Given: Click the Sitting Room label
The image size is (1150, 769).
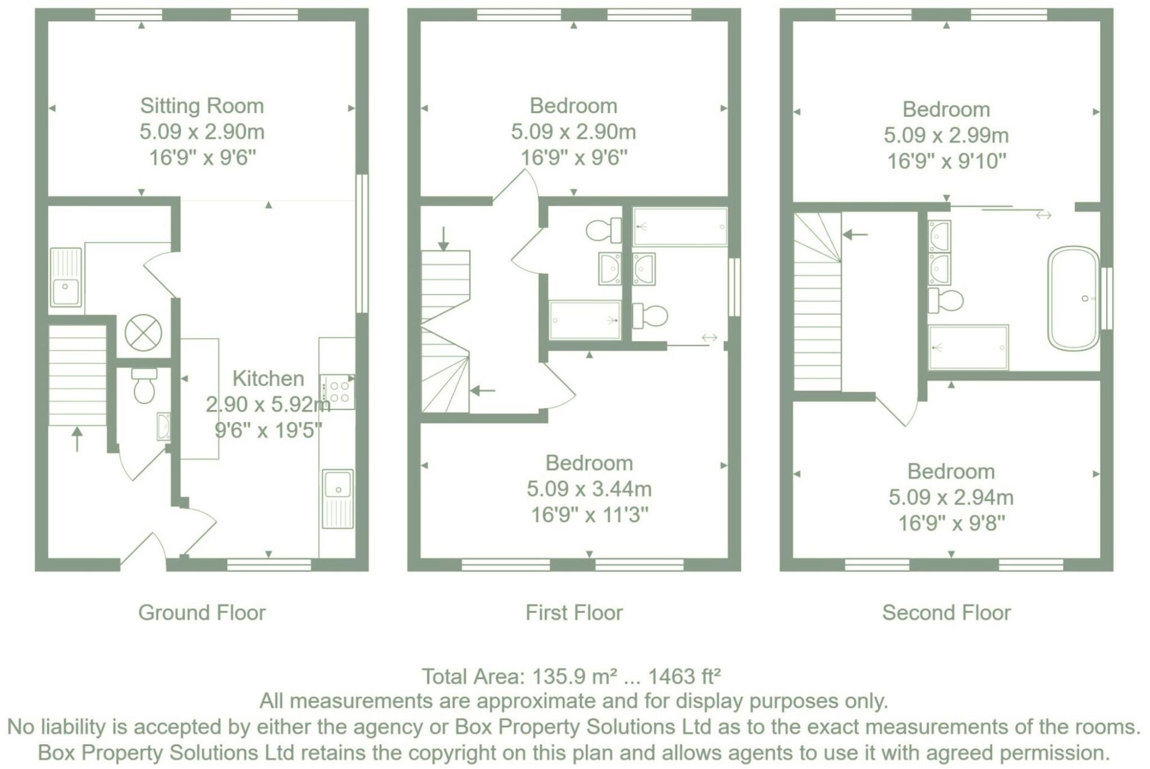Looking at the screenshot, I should click(x=202, y=106).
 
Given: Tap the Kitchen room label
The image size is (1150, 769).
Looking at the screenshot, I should click(x=268, y=379).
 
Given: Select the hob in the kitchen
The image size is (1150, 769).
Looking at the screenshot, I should click(x=337, y=392).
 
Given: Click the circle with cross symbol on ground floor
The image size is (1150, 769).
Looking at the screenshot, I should click(x=143, y=333).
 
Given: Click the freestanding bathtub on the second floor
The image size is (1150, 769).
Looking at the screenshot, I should click(x=1073, y=298).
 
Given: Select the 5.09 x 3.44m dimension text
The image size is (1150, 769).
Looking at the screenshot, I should click(x=588, y=489).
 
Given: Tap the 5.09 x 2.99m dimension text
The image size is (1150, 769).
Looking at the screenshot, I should click(x=946, y=135).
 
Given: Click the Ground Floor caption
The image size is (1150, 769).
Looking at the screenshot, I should click(x=202, y=612).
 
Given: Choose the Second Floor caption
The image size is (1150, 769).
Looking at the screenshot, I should click(x=946, y=612).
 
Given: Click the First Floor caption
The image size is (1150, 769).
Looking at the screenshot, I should click(x=574, y=612).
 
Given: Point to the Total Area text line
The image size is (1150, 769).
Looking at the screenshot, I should click(x=571, y=676).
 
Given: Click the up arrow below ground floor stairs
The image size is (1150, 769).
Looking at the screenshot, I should click(x=77, y=439).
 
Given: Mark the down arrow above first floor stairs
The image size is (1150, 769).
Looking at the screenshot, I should click(x=443, y=238).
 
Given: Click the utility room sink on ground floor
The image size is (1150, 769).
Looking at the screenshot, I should click(x=66, y=277).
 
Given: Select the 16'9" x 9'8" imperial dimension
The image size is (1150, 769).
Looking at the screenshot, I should click(x=951, y=523).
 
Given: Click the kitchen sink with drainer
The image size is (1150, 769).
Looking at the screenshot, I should click(x=337, y=498).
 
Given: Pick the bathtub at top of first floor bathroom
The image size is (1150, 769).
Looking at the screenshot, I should click(x=680, y=227).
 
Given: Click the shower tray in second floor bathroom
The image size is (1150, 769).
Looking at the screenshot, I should click(x=968, y=347).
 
